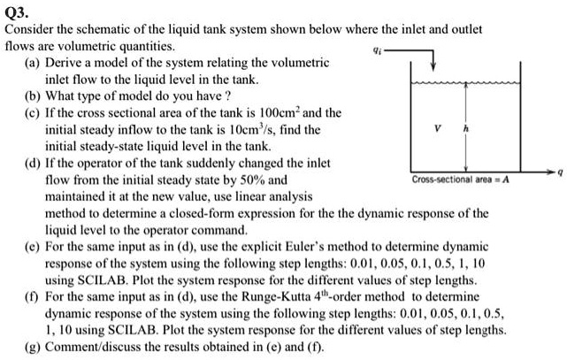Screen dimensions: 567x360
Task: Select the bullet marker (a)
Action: point(34,64)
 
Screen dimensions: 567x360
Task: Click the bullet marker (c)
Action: point(34,114)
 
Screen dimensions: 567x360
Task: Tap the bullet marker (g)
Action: point(34,347)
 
